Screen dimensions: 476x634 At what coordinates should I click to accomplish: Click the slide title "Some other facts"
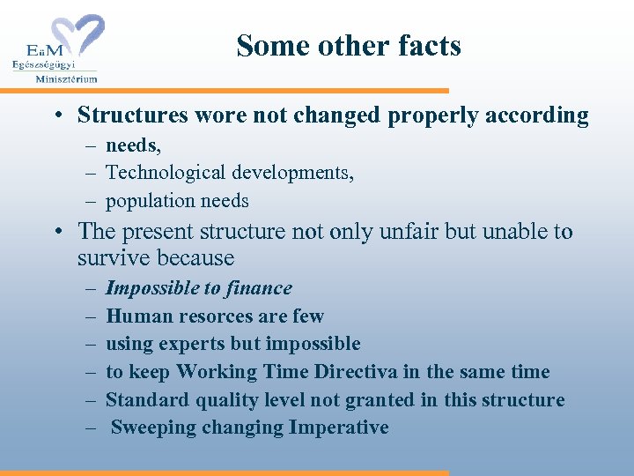point(349,45)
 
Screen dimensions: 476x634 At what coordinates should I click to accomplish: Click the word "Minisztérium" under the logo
point(67,78)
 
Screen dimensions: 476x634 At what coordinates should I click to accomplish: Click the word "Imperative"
point(339,428)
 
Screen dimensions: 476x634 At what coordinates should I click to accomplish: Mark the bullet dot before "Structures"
point(55,116)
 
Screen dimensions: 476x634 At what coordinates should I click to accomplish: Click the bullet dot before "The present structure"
point(55,233)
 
